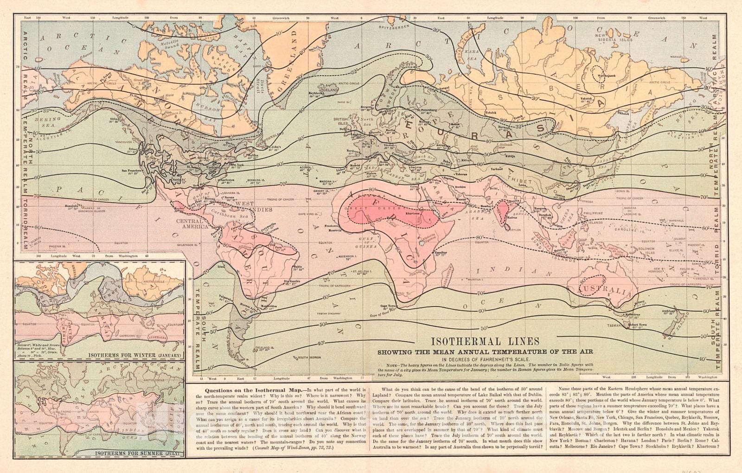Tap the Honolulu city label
pos(71,205)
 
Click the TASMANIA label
pos(616,325)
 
